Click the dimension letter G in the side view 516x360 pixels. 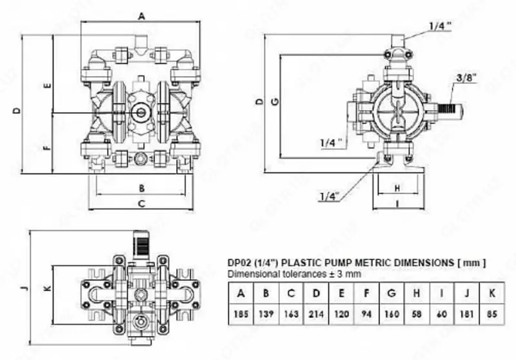click(275, 101)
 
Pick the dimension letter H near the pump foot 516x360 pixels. click(398, 188)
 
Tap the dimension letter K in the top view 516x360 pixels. click(46, 288)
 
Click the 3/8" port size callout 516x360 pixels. click(466, 77)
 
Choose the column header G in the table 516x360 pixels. click(392, 294)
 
